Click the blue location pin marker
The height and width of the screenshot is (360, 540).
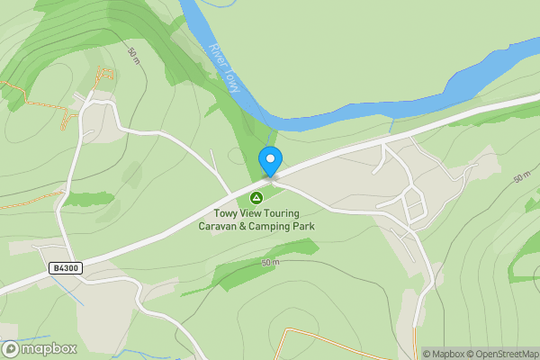click(x=270, y=162)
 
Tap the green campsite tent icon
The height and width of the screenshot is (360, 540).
click(x=256, y=197)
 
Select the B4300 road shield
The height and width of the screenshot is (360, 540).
click(x=66, y=268)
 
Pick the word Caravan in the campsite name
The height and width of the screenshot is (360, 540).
click(x=220, y=226)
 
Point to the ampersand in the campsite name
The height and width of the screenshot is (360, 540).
click(x=247, y=226)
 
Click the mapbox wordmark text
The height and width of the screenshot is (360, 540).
click(x=49, y=348)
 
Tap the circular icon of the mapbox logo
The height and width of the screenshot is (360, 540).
click(x=11, y=348)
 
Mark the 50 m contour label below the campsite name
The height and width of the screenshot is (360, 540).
click(x=271, y=262)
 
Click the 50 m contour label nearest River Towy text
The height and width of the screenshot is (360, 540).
click(x=133, y=55)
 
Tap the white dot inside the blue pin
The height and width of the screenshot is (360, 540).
click(x=270, y=158)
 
